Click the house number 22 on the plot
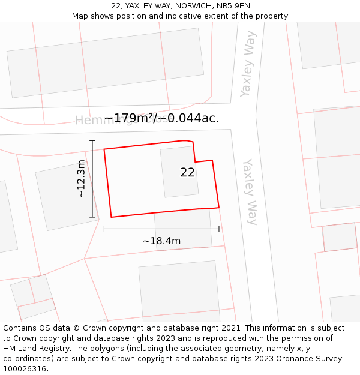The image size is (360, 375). click(x=187, y=172)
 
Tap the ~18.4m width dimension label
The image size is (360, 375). click(x=161, y=241)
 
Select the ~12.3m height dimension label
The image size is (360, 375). click(x=81, y=178)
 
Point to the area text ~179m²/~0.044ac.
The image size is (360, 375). click(x=161, y=118)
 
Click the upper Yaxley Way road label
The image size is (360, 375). click(x=248, y=64)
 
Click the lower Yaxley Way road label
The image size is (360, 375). click(x=250, y=192)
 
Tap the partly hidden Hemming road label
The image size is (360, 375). click(x=90, y=120)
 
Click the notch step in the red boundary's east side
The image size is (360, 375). click(x=195, y=161)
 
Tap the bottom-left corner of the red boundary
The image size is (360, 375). click(x=112, y=217)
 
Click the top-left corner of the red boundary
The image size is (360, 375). click(x=104, y=149)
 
